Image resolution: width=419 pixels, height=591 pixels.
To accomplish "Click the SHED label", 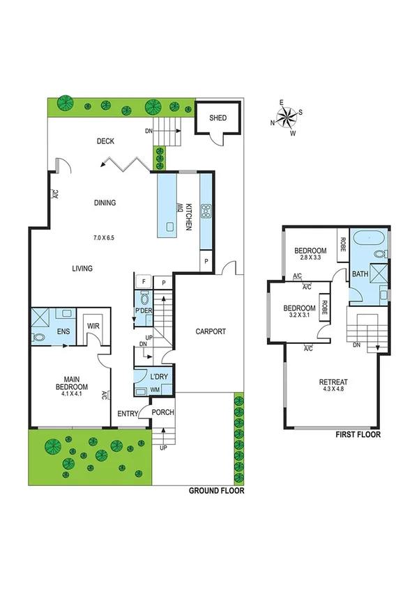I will pyautogui.click(x=218, y=118).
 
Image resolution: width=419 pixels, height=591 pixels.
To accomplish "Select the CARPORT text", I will pyautogui.click(x=210, y=331).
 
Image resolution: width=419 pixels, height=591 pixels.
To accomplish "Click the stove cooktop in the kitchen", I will pyautogui.click(x=206, y=211).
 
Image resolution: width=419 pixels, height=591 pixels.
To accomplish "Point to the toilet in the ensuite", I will pyautogui.click(x=38, y=337).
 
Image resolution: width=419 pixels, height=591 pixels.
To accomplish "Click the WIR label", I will pyautogui.click(x=93, y=324).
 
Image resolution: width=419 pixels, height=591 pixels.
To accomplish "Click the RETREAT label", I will pyautogui.click(x=333, y=381).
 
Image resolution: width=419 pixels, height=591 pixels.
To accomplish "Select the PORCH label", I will pyautogui.click(x=162, y=413).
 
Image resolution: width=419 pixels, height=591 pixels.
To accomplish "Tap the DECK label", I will pyautogui.click(x=105, y=141).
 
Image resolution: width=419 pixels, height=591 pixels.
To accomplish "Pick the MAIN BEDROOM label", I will pyautogui.click(x=72, y=383).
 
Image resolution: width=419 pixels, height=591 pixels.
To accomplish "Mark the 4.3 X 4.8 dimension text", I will pyautogui.click(x=333, y=390).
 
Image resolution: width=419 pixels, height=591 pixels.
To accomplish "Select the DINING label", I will pyautogui.click(x=105, y=203).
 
